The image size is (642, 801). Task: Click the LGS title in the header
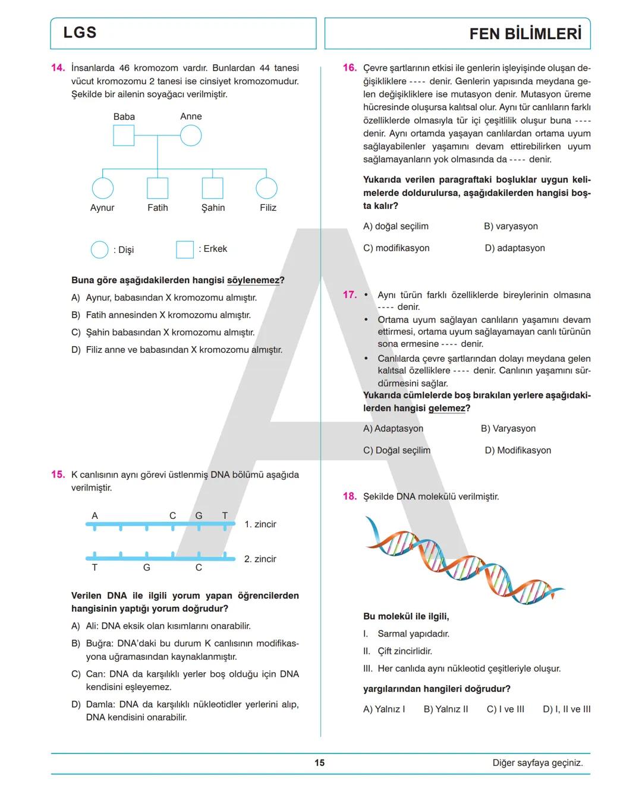80,33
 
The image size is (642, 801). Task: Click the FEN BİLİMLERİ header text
525,34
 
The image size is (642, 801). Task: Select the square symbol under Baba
124,135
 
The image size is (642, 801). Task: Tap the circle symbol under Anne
191,135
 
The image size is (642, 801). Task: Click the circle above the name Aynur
102,188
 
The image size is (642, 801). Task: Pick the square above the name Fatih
158,188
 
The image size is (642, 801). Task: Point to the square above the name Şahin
212,188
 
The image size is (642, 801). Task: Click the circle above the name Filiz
266,188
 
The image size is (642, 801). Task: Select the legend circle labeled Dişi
99,249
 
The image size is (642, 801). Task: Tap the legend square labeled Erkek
185,249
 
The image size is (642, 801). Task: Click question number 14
58,68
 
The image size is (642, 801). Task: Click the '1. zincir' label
260,524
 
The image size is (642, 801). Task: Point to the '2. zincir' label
260,559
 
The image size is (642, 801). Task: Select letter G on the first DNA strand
199,515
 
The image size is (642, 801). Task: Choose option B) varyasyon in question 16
511,226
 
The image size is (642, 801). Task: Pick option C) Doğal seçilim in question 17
396,450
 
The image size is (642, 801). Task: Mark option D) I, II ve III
567,709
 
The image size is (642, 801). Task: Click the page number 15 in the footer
320,763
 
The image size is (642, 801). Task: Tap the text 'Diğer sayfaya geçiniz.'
537,763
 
